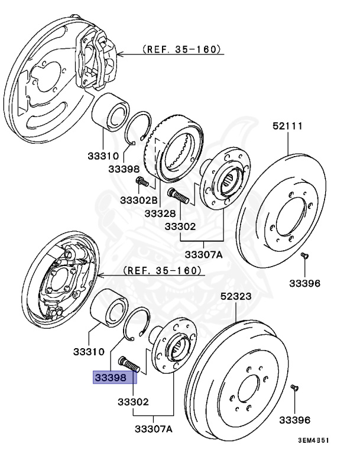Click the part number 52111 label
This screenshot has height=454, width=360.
[x=287, y=126]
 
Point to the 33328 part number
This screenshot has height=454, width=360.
[x=160, y=212]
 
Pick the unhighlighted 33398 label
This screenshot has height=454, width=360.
[x=123, y=169]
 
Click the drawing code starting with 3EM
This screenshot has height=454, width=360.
[x=313, y=441]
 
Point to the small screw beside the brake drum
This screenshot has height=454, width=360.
[x=295, y=388]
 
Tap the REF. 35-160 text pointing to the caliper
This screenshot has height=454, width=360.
[x=182, y=50]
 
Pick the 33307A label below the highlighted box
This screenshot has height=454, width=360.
[x=153, y=429]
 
